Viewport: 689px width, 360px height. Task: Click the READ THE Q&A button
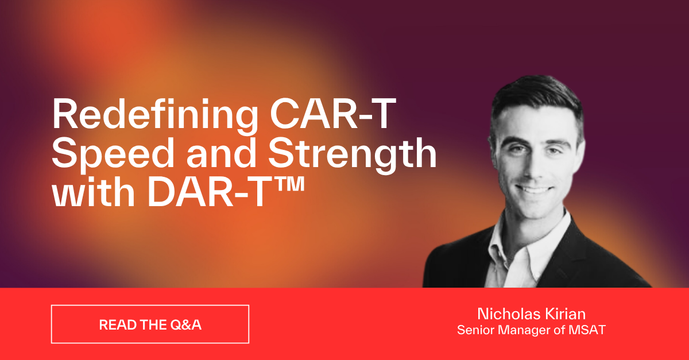click(x=150, y=324)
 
